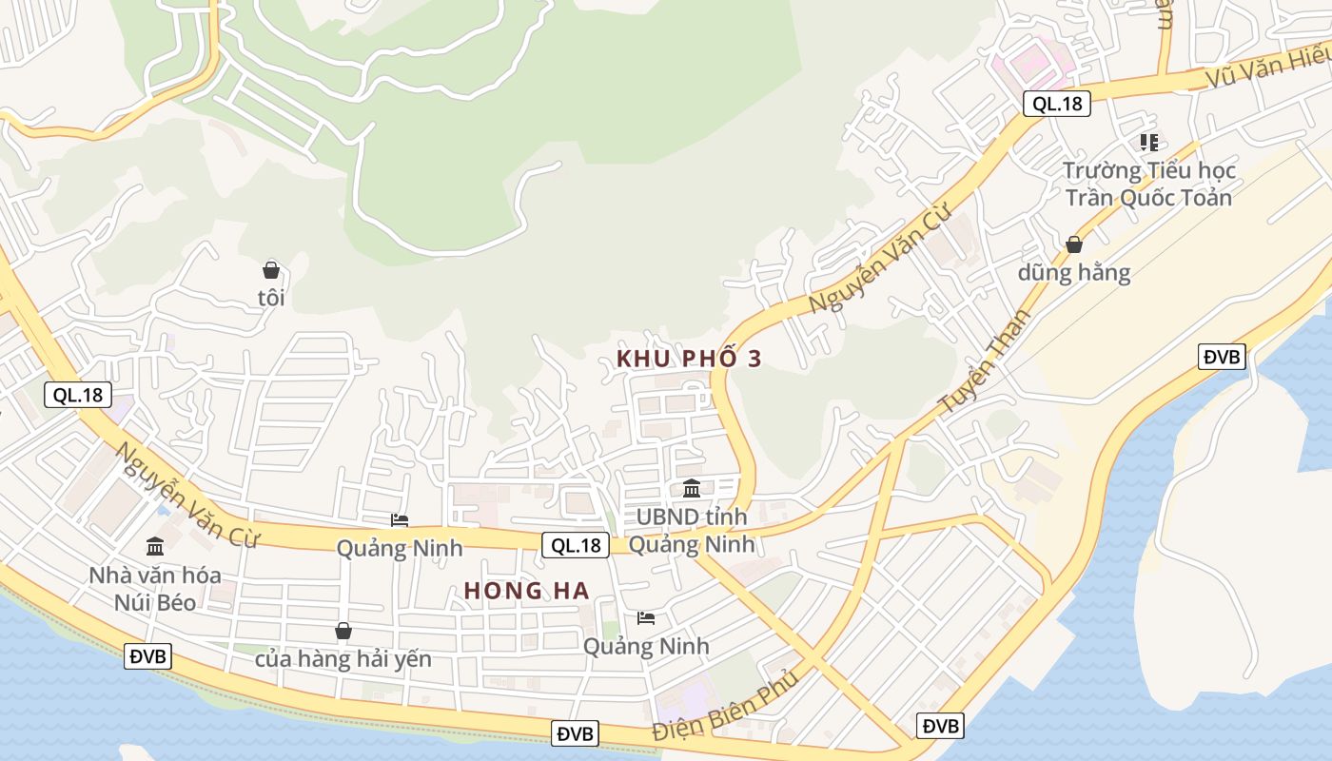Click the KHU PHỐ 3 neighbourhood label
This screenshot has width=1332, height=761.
coord(689,359)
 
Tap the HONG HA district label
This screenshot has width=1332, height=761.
coord(526,591)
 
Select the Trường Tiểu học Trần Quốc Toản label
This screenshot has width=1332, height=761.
coord(1148,184)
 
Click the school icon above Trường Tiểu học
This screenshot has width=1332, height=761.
coord(1149,143)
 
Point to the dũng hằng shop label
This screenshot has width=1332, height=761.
coord(1073,273)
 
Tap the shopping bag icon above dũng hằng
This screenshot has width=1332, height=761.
coord(1073,244)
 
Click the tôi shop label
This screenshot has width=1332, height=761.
coord(271,298)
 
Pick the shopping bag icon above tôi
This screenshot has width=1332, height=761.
coord(271,270)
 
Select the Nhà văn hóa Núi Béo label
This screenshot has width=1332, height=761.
coord(155,589)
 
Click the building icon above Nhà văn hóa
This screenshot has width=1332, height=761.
coord(155,546)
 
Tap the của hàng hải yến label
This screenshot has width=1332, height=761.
coord(343,659)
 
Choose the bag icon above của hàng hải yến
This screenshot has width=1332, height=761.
coord(343,631)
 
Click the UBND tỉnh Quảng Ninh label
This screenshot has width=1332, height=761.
coord(692,531)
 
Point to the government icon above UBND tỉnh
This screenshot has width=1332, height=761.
coord(692,489)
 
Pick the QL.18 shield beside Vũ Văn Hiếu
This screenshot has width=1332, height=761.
coord(1056,104)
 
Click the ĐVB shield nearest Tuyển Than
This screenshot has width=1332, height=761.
coord(1222,357)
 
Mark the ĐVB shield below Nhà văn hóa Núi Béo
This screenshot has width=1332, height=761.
coord(147,655)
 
